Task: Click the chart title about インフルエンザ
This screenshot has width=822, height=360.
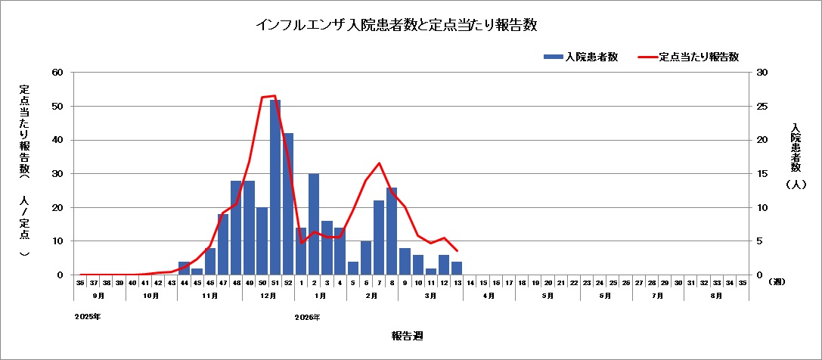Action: (x=396, y=26)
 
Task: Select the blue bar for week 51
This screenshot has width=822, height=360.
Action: (x=275, y=187)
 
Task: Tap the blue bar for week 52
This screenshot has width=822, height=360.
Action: (x=288, y=203)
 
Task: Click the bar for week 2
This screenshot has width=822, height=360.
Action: (x=314, y=224)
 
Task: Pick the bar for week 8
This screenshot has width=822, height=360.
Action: (x=392, y=231)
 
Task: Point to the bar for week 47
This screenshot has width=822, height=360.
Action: (x=223, y=244)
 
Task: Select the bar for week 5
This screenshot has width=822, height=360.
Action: (x=353, y=268)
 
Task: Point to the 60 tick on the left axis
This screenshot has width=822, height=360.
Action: (x=57, y=73)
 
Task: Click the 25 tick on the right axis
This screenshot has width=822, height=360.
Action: (x=762, y=107)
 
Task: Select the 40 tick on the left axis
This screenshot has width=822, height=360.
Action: (x=57, y=140)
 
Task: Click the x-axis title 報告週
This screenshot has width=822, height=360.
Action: (x=412, y=335)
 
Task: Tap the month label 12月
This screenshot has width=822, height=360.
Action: (x=268, y=296)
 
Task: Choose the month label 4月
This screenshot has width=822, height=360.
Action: (x=489, y=296)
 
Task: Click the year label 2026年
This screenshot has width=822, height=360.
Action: (x=307, y=317)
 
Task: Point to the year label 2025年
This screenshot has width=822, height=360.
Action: (x=88, y=317)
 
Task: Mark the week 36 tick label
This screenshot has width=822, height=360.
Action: (x=80, y=282)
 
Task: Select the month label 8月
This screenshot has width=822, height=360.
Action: (x=716, y=296)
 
